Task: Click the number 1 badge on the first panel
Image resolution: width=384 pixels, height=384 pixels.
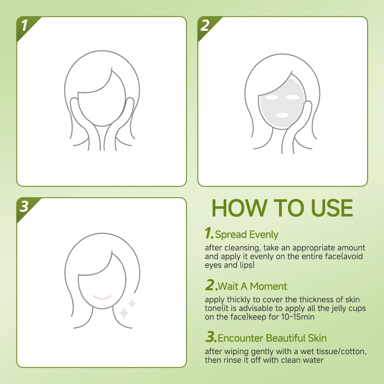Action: (25, 25)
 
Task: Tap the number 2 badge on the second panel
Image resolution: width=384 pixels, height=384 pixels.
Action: (205, 25)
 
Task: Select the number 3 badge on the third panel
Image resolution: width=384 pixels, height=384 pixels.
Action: (24, 206)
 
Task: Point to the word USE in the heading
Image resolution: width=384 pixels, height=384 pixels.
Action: (332, 208)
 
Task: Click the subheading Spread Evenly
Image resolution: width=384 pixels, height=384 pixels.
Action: (246, 235)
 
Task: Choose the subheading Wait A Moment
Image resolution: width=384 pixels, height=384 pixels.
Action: (252, 286)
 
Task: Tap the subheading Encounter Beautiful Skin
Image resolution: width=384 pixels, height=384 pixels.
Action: (272, 338)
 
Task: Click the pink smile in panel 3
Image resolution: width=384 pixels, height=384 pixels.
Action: (102, 297)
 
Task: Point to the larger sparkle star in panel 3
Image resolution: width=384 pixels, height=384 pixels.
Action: (124, 313)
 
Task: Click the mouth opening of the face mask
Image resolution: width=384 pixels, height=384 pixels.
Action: (282, 115)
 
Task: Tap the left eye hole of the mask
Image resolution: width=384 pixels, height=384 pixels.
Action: (272, 97)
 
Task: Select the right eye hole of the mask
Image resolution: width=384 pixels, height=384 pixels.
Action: (292, 97)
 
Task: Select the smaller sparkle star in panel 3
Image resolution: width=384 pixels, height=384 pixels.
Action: (132, 304)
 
